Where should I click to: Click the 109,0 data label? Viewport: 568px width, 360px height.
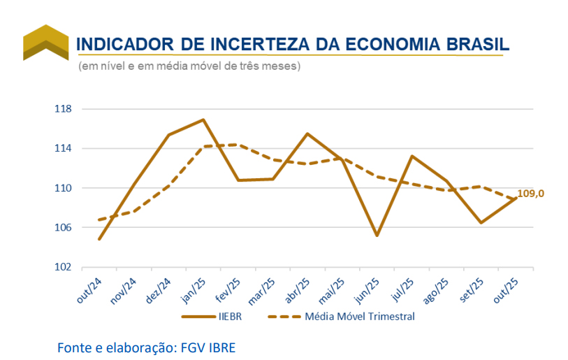click(x=530, y=194)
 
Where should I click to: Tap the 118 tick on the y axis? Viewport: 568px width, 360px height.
click(x=63, y=109)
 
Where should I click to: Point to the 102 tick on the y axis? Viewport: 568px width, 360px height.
click(x=63, y=267)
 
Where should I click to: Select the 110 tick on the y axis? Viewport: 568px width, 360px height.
click(x=63, y=188)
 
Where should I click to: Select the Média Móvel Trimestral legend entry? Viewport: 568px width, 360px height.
click(x=360, y=317)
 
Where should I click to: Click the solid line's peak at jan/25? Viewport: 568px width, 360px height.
click(x=203, y=120)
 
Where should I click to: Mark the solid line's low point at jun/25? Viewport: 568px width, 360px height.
click(x=377, y=236)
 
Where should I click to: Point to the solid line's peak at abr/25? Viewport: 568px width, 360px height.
click(x=307, y=134)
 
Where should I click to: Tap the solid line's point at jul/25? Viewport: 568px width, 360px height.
click(x=412, y=156)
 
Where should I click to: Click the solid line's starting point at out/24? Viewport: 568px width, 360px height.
click(x=99, y=239)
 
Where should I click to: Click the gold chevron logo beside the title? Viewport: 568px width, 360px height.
click(x=45, y=43)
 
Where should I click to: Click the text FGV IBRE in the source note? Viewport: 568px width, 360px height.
click(x=206, y=347)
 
